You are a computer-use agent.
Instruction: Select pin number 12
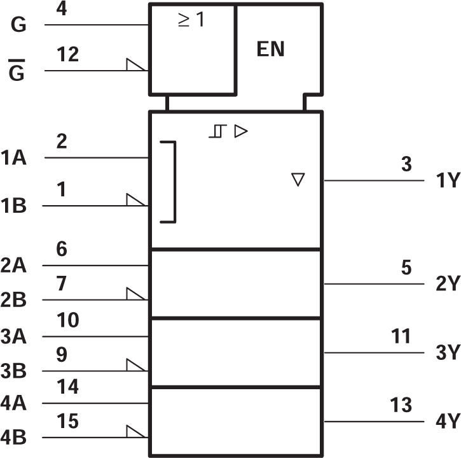click(x=67, y=55)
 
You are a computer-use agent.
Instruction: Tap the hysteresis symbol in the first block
click(x=217, y=132)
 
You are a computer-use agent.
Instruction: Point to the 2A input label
click(x=13, y=266)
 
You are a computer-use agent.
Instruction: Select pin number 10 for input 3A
click(x=67, y=320)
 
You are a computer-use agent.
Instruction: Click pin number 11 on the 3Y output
click(x=402, y=336)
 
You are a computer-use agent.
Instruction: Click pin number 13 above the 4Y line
click(x=402, y=405)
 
